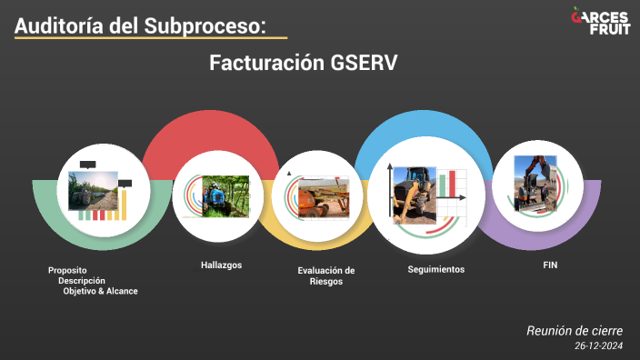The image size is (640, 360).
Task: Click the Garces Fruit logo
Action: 600,20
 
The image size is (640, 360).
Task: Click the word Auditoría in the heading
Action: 57,26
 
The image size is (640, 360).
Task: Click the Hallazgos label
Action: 222,265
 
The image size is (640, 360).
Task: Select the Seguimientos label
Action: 436,269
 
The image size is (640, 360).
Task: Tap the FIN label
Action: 549,265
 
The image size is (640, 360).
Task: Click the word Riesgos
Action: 326,282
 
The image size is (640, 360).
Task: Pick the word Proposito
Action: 67,270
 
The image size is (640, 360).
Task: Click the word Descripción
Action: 82,280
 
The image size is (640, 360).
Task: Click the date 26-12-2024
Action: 599,346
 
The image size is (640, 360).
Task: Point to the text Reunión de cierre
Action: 575,331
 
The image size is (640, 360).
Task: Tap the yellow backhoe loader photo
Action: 414,194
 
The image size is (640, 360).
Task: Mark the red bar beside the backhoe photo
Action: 446,184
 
